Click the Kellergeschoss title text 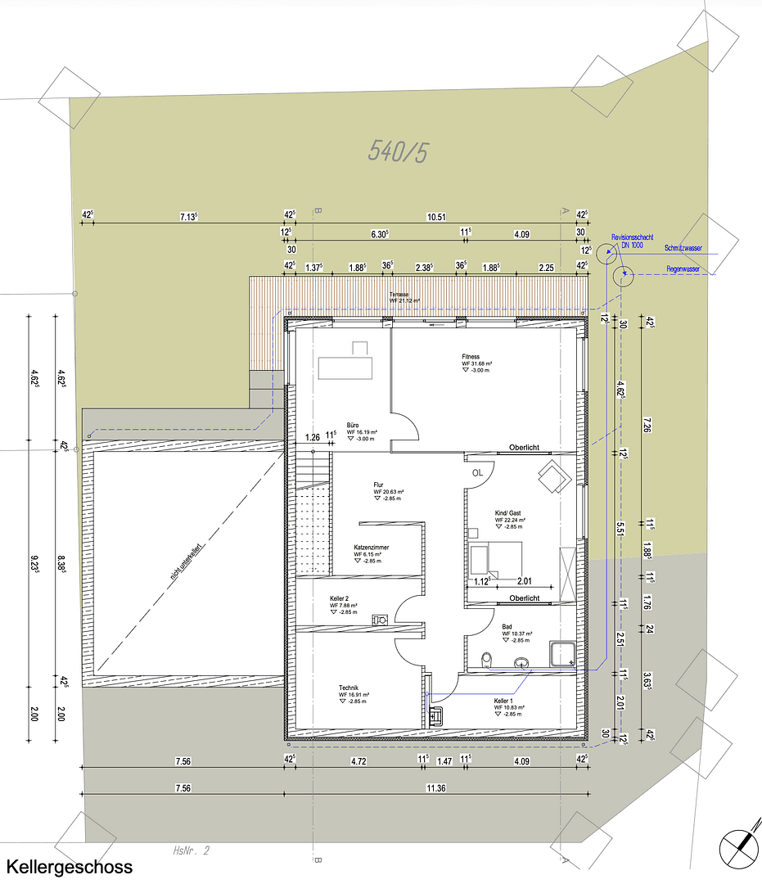pyautogui.click(x=69, y=867)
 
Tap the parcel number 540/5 pyautogui.click(x=399, y=151)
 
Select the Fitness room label pyautogui.click(x=471, y=358)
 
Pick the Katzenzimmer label pyautogui.click(x=371, y=547)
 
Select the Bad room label pyautogui.click(x=508, y=626)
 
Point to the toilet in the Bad pyautogui.click(x=488, y=658)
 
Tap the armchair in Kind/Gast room pyautogui.click(x=553, y=475)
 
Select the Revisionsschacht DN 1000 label pyautogui.click(x=631, y=241)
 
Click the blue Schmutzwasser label pyautogui.click(x=683, y=246)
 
